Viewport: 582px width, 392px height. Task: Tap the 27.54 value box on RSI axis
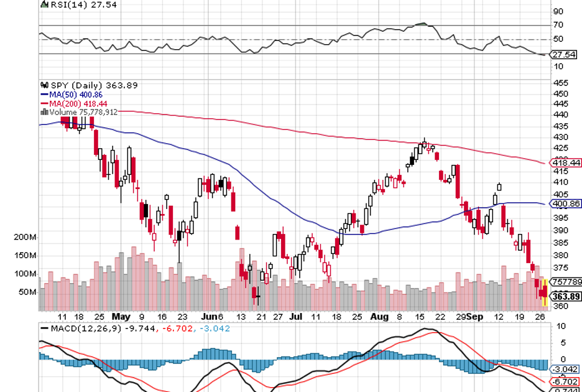coord(563,55)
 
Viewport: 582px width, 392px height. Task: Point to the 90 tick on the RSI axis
coord(558,11)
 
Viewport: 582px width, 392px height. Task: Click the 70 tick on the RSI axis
coord(558,26)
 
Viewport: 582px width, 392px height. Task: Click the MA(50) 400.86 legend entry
coord(70,94)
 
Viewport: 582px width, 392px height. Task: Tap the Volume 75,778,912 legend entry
coord(79,112)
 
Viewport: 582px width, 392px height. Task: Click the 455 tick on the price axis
coord(560,83)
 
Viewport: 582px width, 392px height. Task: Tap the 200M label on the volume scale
coord(25,238)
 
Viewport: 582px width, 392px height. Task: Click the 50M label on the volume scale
coord(27,291)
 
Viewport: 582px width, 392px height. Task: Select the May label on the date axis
coord(122,316)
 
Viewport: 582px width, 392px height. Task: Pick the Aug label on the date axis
coord(379,316)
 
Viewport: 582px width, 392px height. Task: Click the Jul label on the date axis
coord(297,316)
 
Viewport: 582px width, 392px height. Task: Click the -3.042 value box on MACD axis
coord(565,368)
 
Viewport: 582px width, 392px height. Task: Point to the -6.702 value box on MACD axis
coord(565,381)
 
